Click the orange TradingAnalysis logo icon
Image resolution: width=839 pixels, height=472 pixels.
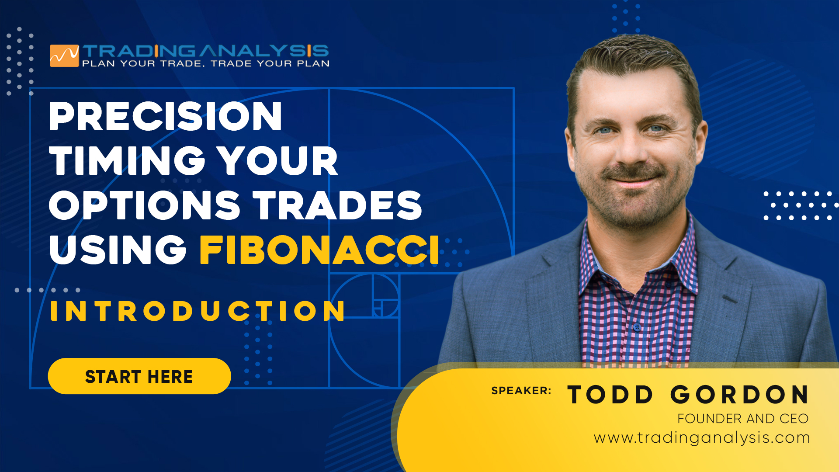pyautogui.click(x=64, y=56)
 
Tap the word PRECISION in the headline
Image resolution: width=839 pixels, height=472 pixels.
pyautogui.click(x=166, y=116)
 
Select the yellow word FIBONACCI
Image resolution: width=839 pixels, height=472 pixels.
pyautogui.click(x=320, y=250)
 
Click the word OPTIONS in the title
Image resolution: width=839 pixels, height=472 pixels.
pyautogui.click(x=145, y=205)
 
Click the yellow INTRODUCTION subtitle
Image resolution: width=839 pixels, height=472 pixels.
pyautogui.click(x=198, y=311)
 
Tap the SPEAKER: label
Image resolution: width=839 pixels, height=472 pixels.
pyautogui.click(x=521, y=391)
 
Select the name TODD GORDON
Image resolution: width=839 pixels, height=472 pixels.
pyautogui.click(x=688, y=395)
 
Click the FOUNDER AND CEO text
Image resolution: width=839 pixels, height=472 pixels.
pyautogui.click(x=743, y=419)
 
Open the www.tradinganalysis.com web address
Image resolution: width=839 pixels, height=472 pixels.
pyautogui.click(x=702, y=438)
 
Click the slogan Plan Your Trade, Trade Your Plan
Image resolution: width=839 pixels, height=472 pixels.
pyautogui.click(x=206, y=64)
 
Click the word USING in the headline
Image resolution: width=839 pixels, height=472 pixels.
pyautogui.click(x=118, y=250)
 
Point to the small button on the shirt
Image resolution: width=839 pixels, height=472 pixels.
pyautogui.click(x=637, y=327)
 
